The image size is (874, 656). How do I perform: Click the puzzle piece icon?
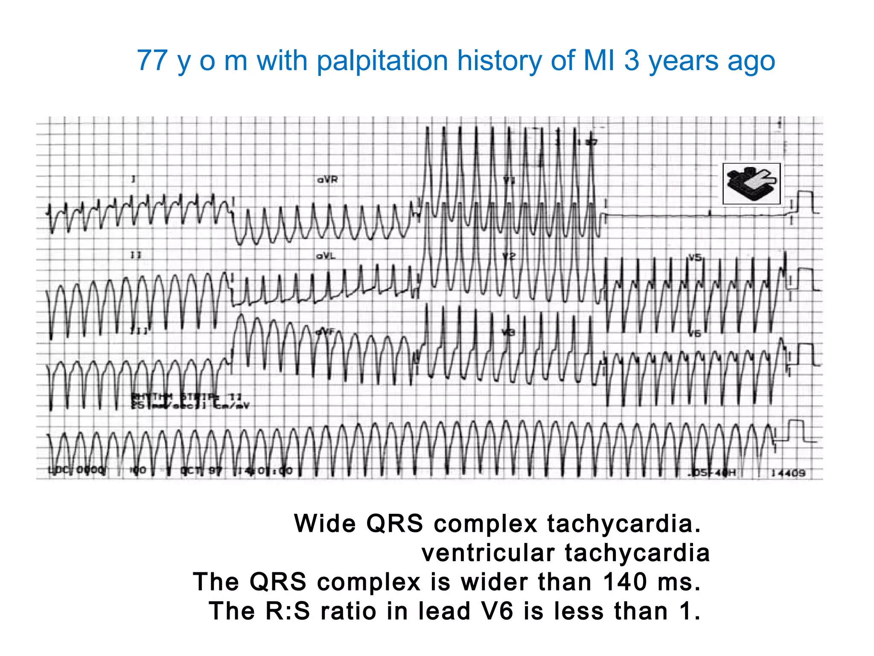[x=752, y=184]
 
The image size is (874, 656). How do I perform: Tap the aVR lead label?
[x=327, y=180]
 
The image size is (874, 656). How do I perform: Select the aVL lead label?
[x=326, y=256]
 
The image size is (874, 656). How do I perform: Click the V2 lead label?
[x=509, y=256]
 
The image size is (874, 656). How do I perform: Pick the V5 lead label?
[x=695, y=258]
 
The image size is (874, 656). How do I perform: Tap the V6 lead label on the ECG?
[x=695, y=334]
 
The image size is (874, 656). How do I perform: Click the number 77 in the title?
[x=152, y=61]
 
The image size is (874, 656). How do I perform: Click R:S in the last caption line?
[x=287, y=611]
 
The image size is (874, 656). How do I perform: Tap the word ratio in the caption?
[x=349, y=611]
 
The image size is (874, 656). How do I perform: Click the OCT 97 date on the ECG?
[x=201, y=471]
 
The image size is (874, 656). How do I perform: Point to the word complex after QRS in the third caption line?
[x=369, y=582]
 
